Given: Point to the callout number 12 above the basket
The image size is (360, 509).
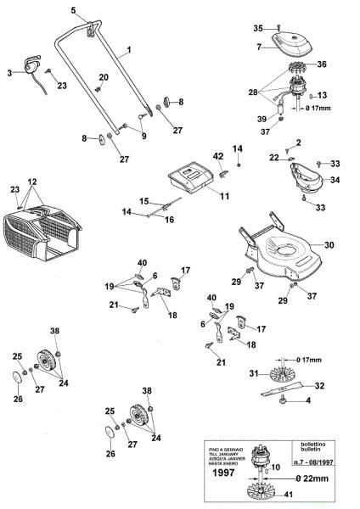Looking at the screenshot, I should [32, 182].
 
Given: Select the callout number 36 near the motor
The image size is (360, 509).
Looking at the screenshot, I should [322, 64].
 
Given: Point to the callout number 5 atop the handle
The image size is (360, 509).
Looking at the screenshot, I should [74, 9].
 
